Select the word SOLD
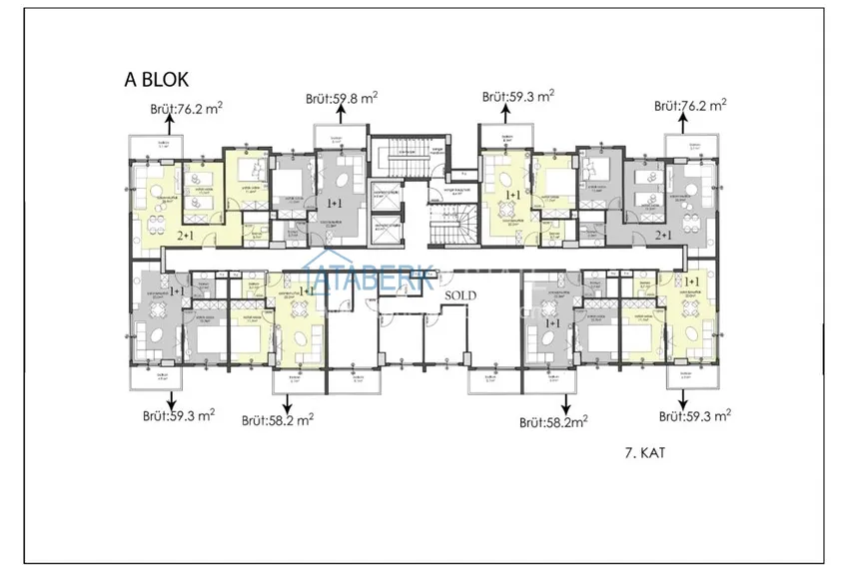coord(461,296)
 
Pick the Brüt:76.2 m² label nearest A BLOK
coord(185,109)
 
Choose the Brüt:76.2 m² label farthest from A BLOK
coord(689,105)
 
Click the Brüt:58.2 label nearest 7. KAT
coord(552,422)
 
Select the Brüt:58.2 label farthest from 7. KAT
coord(278,421)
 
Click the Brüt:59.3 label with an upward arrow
coord(517,97)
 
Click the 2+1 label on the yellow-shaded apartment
coord(186,236)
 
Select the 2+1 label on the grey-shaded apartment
coord(662,236)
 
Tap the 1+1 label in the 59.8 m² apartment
coord(336,203)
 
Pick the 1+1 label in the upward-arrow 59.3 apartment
coord(513,196)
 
